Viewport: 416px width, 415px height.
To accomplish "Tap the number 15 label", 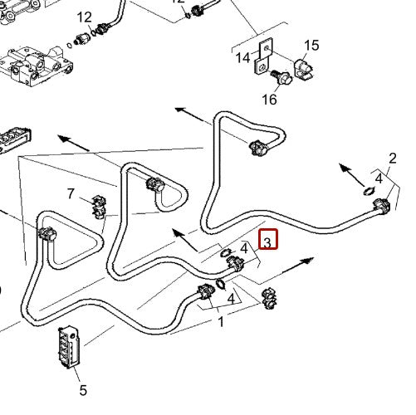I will pyautogui.click(x=311, y=46).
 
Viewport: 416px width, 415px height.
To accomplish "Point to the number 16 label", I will pyautogui.click(x=269, y=100).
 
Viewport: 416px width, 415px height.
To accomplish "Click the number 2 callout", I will pyautogui.click(x=393, y=159).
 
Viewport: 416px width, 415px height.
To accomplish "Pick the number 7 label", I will pyautogui.click(x=72, y=194).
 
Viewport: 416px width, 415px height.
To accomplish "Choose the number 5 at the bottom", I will pyautogui.click(x=82, y=389).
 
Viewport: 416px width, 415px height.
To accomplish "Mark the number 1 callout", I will pyautogui.click(x=221, y=322).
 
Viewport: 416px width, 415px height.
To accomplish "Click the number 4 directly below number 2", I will pyautogui.click(x=378, y=177).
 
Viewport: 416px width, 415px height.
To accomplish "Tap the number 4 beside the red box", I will pyautogui.click(x=244, y=247).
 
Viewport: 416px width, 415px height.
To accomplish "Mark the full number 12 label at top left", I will pyautogui.click(x=85, y=17).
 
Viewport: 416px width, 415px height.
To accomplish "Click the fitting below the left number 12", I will pyautogui.click(x=86, y=38).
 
